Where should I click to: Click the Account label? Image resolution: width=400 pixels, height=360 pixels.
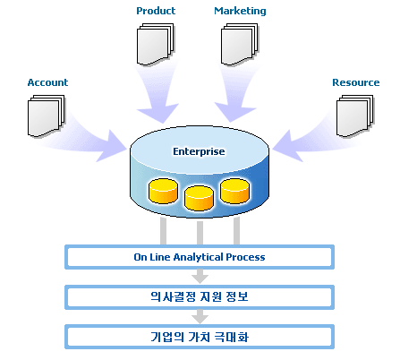click(47, 82)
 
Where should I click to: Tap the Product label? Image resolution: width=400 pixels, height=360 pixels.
click(156, 11)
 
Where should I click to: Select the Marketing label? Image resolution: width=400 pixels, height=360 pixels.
click(240, 11)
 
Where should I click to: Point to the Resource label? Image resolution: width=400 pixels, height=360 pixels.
click(356, 82)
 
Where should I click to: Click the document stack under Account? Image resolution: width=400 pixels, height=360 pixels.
click(47, 116)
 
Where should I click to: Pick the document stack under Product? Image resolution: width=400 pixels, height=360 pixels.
click(156, 45)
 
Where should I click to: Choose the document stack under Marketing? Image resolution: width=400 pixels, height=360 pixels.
click(240, 45)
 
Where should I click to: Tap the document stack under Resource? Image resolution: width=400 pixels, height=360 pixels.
click(355, 116)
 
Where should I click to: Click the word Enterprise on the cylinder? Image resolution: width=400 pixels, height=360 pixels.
click(199, 151)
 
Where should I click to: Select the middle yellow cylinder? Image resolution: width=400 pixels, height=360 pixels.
click(199, 198)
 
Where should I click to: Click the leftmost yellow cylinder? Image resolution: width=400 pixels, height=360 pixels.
click(163, 191)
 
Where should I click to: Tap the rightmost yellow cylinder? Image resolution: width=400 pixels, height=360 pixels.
click(234, 191)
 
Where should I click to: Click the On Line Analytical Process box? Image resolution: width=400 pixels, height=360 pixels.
click(200, 257)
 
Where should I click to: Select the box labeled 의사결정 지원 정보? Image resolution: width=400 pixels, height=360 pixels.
click(200, 297)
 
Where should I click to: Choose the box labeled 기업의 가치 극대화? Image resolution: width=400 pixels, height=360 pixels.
click(200, 337)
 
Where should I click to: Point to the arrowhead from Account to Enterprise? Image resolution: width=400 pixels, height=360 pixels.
click(111, 146)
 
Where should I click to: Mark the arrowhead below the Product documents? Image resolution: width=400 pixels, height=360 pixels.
click(158, 113)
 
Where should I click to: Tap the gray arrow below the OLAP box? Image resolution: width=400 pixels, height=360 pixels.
click(200, 276)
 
